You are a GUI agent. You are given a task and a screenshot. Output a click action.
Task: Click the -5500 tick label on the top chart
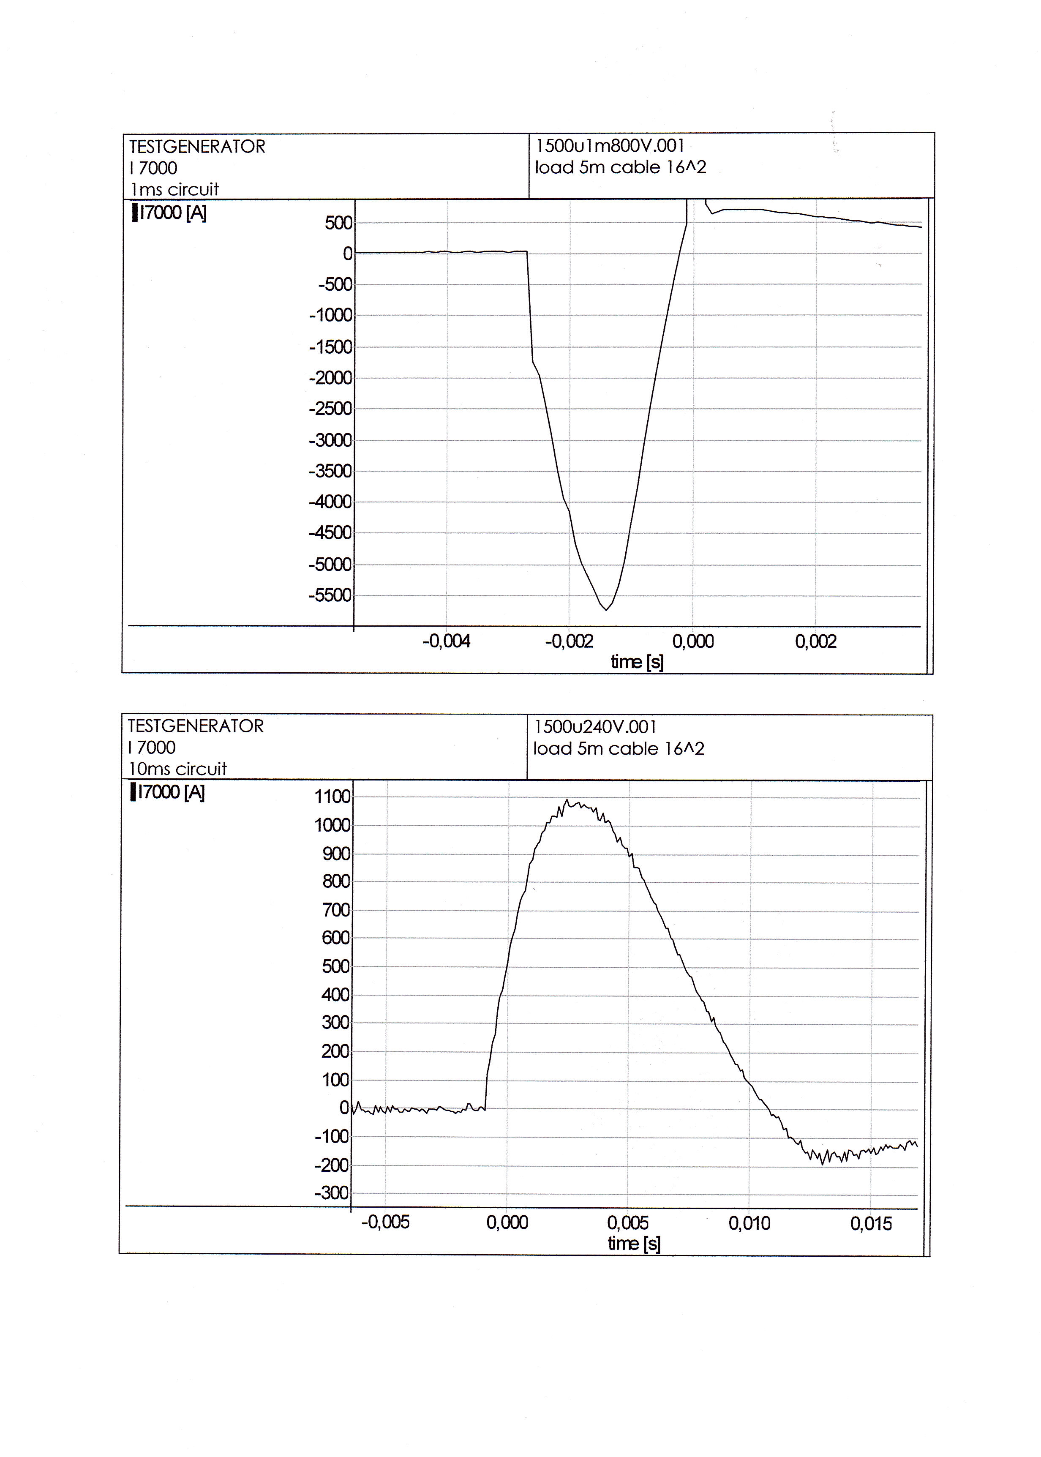tap(330, 595)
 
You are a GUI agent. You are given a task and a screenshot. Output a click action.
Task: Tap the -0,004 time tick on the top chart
tap(446, 641)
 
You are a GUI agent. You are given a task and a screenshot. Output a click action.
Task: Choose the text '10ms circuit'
tap(177, 769)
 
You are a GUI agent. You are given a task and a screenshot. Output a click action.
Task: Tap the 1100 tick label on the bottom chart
tap(332, 797)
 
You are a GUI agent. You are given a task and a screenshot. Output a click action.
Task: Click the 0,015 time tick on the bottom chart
tap(870, 1224)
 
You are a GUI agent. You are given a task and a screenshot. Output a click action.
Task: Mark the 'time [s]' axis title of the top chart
tap(637, 661)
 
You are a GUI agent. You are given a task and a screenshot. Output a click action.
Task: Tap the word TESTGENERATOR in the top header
tap(197, 147)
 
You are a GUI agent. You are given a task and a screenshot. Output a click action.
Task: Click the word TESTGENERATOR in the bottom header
tap(196, 726)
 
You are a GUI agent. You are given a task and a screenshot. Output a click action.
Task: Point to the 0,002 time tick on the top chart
tap(815, 641)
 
